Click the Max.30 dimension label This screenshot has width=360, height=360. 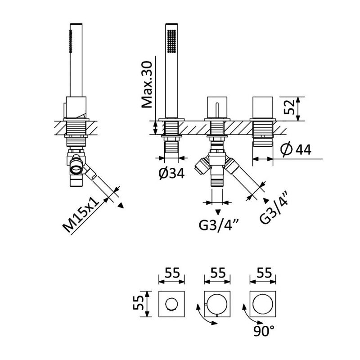pyautogui.click(x=147, y=85)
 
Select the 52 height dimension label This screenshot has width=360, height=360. pyautogui.click(x=289, y=107)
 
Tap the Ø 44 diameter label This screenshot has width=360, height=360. pyautogui.click(x=296, y=150)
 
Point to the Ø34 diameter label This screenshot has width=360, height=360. pyautogui.click(x=172, y=173)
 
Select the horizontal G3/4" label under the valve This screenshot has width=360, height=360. pyautogui.click(x=219, y=225)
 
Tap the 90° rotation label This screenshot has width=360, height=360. pyautogui.click(x=264, y=331)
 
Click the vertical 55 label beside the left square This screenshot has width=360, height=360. pyautogui.click(x=138, y=302)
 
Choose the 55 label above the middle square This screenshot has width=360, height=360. pyautogui.click(x=218, y=273)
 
